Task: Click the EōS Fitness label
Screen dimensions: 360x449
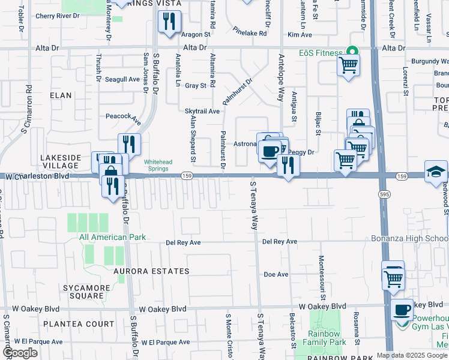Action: coord(320,53)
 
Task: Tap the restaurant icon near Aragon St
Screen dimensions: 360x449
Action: coord(169,22)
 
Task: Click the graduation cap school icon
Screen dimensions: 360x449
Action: coord(435,172)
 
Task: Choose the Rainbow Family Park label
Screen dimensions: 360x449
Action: coord(327,338)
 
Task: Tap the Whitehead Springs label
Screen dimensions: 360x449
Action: coord(159,165)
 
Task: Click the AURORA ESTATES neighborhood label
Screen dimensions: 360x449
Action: coord(152,271)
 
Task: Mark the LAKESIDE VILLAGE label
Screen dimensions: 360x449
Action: coord(60,161)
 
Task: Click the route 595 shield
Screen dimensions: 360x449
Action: coord(384,194)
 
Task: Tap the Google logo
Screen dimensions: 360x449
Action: coord(20,353)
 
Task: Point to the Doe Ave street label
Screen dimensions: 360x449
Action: coord(276,274)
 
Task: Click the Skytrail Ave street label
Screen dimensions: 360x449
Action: coord(202,111)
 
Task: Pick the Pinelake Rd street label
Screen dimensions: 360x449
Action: coord(250,34)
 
